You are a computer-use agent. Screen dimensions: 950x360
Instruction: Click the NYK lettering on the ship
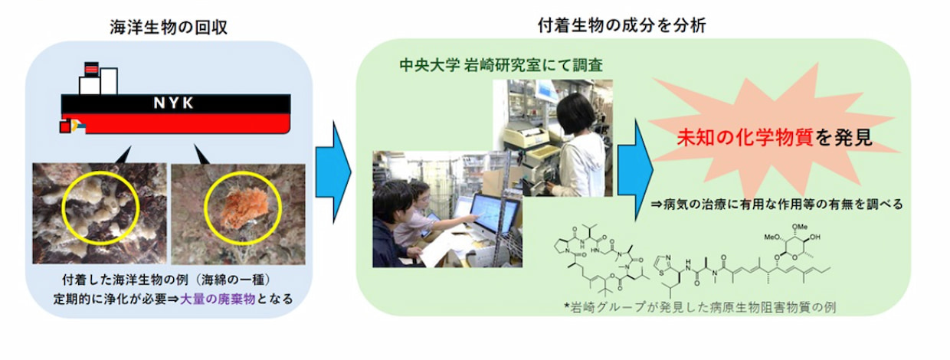point(173,103)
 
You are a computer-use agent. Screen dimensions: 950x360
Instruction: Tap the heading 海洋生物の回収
point(169,27)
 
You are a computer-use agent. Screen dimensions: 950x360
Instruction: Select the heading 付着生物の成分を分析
point(622,25)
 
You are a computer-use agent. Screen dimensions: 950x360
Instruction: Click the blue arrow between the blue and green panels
point(333,172)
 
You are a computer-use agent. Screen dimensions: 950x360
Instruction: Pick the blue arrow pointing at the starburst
point(635,170)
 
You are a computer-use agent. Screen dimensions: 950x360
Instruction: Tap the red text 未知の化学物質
point(745,137)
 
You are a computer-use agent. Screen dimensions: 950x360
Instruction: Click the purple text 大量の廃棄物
point(218,299)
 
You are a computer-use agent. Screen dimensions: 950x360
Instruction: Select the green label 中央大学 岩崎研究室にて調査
point(501,65)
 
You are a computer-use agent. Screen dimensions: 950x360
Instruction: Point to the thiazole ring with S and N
point(663,263)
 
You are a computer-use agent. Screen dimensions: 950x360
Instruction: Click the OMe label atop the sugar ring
point(799,227)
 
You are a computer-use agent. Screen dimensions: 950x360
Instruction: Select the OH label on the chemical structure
point(814,237)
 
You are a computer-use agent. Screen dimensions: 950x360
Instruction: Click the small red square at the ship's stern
point(64,127)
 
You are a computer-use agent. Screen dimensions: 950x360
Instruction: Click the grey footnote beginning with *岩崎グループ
point(699,307)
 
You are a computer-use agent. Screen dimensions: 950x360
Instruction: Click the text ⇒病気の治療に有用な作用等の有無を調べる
point(777,205)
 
